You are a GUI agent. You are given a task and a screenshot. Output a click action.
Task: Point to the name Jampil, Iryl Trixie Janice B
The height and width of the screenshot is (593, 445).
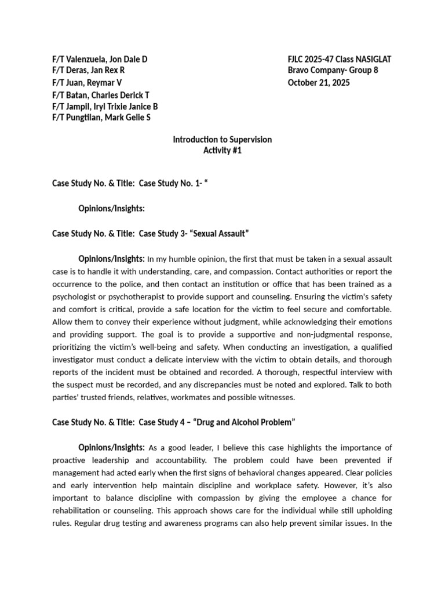(x=105, y=106)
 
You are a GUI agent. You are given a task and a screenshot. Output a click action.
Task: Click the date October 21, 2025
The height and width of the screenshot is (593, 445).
(x=319, y=82)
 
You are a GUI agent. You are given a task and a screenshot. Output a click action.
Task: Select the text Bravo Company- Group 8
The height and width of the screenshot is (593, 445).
(x=333, y=71)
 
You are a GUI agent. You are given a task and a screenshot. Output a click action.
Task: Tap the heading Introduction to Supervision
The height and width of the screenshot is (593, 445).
(x=222, y=140)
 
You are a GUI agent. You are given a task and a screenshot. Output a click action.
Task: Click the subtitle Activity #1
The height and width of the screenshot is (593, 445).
(x=222, y=151)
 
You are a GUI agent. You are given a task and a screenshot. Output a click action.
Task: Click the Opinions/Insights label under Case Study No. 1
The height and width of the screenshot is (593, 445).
(x=111, y=208)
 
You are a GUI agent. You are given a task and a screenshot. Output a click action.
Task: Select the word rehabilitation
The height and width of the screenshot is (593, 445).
(x=78, y=498)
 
